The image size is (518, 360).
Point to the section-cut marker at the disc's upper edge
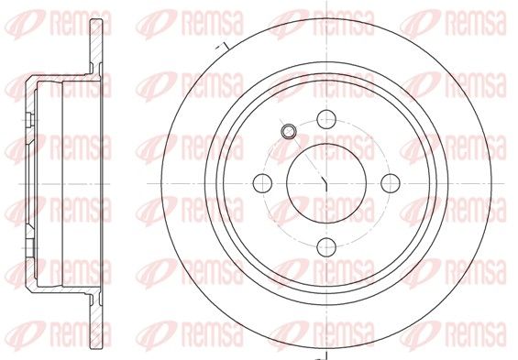223,46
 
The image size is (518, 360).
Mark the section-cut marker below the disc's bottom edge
322,356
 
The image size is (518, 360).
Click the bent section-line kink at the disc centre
324,183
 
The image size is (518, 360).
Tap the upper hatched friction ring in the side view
96,46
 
